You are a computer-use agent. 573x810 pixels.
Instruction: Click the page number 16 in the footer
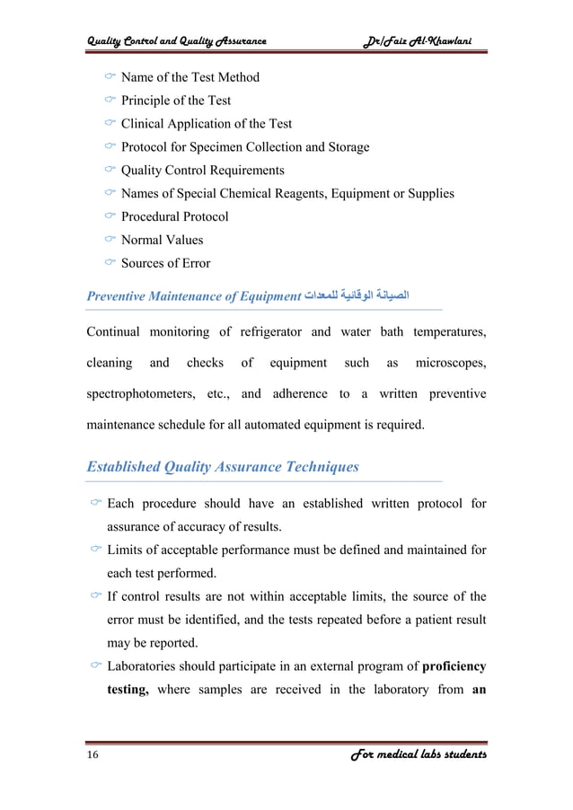pos(93,755)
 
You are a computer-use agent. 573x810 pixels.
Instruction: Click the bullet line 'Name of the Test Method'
pos(190,77)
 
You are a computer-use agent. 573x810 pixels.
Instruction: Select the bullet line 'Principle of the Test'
pos(175,101)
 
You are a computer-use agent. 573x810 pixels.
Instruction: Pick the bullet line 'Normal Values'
pos(162,240)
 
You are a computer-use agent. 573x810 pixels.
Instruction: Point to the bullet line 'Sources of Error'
pos(165,263)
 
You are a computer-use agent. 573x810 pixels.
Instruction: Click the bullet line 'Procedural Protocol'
pos(174,216)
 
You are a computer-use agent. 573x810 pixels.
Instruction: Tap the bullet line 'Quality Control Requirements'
pos(202,170)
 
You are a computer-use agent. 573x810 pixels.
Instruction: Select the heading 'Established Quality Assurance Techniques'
pos(222,466)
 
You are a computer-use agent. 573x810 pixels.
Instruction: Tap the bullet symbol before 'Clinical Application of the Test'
pos(110,124)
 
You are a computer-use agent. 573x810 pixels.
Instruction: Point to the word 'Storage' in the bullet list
pos(345,146)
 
